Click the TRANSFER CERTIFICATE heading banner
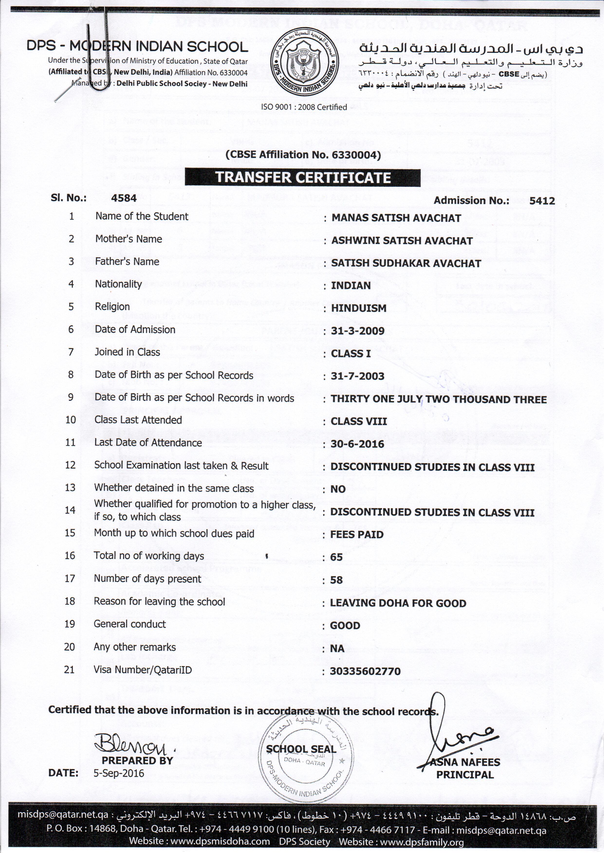[303, 178]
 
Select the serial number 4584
[124, 198]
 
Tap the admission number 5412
[542, 201]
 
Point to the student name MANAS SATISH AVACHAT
[396, 218]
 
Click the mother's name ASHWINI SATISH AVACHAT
[402, 241]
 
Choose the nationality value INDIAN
[351, 286]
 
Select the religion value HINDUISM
[359, 308]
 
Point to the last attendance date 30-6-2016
[357, 444]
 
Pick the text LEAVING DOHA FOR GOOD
[398, 603]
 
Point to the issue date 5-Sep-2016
[119, 773]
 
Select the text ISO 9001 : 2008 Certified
[304, 107]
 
